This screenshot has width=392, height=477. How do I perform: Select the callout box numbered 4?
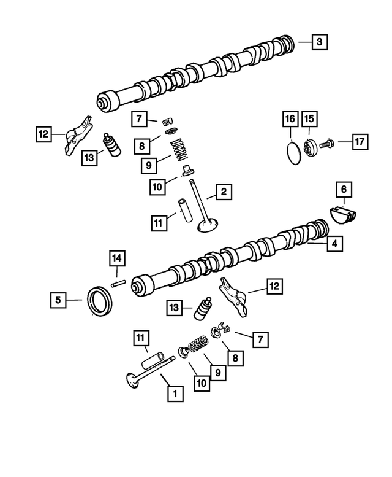334,244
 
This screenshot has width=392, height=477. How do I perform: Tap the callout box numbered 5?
58,300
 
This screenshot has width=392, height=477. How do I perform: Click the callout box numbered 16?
290,118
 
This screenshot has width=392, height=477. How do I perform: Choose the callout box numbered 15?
309,118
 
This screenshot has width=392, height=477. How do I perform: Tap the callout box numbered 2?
224,193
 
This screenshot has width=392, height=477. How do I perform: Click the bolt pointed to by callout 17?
325,144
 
